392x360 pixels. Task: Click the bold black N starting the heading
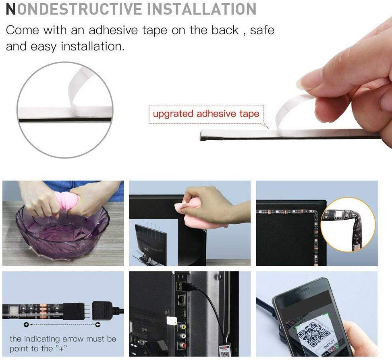pos(11,9)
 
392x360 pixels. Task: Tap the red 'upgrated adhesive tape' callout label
pos(206,114)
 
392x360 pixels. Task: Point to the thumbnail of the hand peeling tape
pos(65,110)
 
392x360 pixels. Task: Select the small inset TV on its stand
pos(150,243)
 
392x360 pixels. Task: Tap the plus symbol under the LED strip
pos(26,325)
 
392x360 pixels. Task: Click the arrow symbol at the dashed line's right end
pos(97,325)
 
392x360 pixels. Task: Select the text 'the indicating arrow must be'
pos(62,339)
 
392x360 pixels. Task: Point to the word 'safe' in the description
pos(262,30)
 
